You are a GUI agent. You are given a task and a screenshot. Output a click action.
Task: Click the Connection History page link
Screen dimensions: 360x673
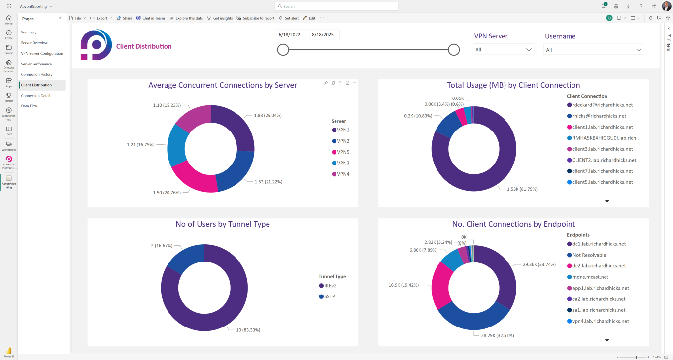pyautogui.click(x=36, y=74)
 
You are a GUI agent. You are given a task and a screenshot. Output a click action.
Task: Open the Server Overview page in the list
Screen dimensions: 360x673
pyautogui.click(x=34, y=43)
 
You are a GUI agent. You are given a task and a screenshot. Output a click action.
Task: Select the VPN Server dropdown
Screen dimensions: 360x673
pyautogui.click(x=503, y=50)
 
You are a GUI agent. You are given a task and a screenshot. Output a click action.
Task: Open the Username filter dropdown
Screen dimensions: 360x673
pyautogui.click(x=593, y=50)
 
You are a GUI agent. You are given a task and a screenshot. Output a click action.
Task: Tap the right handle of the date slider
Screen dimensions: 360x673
pyautogui.click(x=454, y=50)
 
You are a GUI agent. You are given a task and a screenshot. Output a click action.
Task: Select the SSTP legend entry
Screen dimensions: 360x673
pyautogui.click(x=329, y=296)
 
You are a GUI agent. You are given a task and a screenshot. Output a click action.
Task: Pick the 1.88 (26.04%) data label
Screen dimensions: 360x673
pyautogui.click(x=268, y=115)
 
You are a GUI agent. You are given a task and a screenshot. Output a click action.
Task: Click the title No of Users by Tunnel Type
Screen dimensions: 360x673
pyautogui.click(x=223, y=224)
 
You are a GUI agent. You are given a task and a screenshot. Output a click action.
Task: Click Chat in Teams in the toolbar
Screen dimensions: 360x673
pyautogui.click(x=151, y=18)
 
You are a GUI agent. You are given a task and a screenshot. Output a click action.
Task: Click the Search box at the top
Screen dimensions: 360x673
pyautogui.click(x=336, y=6)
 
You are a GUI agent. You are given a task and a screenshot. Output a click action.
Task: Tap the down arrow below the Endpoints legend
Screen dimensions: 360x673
pyautogui.click(x=607, y=340)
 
